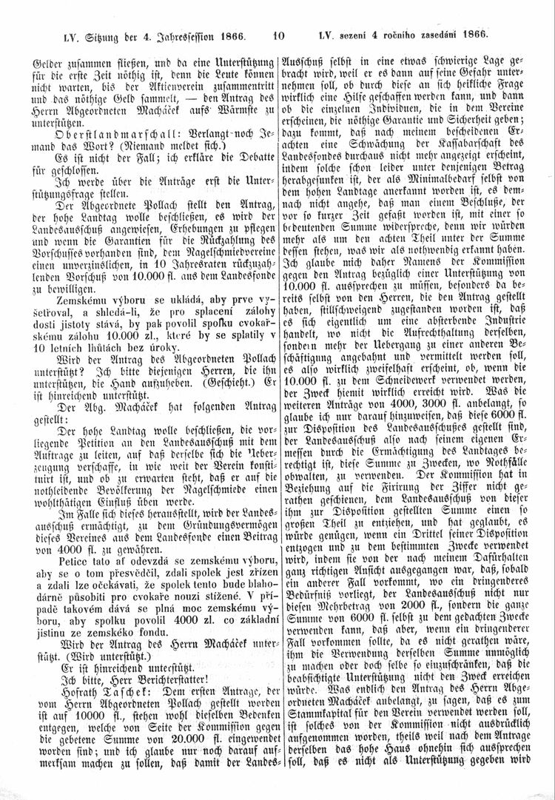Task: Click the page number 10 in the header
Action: point(278,33)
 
